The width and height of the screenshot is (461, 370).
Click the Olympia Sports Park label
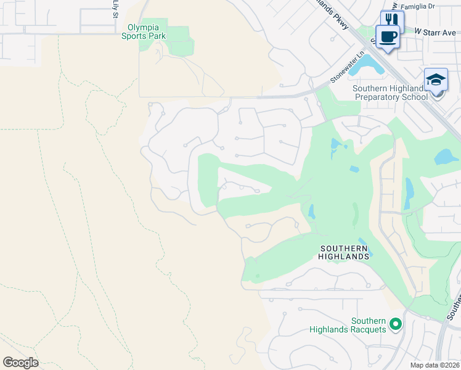147,31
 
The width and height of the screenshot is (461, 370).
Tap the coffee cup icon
388,37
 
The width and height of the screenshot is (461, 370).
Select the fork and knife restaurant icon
392,19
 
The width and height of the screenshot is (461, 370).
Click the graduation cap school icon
436,80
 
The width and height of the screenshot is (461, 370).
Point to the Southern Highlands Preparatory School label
390,92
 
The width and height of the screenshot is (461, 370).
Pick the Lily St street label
115,9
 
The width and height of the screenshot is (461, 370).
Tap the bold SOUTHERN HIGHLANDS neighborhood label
344,252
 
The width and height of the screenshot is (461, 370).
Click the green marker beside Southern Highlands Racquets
396,323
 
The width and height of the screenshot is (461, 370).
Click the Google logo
20,363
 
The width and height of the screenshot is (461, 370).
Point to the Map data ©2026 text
434,365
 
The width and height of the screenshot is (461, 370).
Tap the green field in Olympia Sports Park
179,41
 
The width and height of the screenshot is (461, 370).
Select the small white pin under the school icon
437,93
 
